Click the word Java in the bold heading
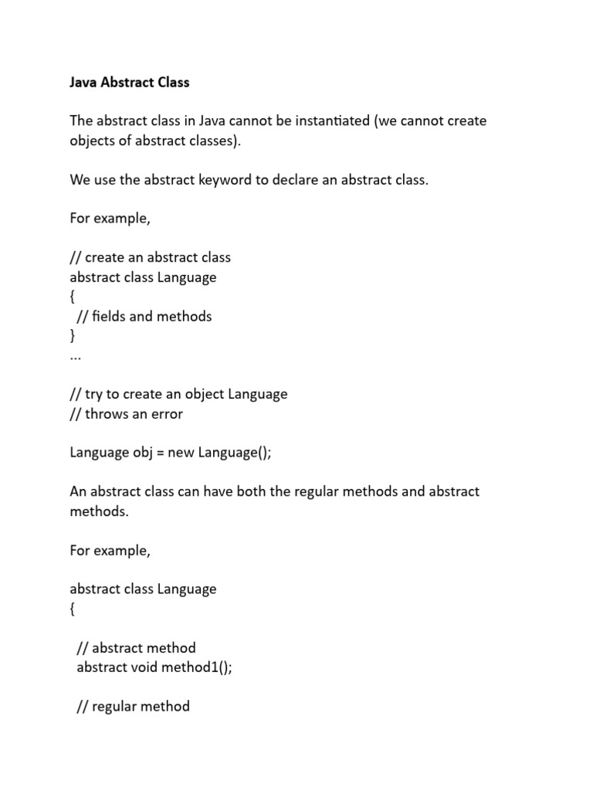point(83,81)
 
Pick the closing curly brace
point(73,336)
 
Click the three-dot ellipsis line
point(75,356)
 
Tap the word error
point(167,414)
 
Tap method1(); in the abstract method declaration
point(196,667)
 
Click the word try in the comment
point(95,394)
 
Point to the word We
point(80,179)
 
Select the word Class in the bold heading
point(172,81)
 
